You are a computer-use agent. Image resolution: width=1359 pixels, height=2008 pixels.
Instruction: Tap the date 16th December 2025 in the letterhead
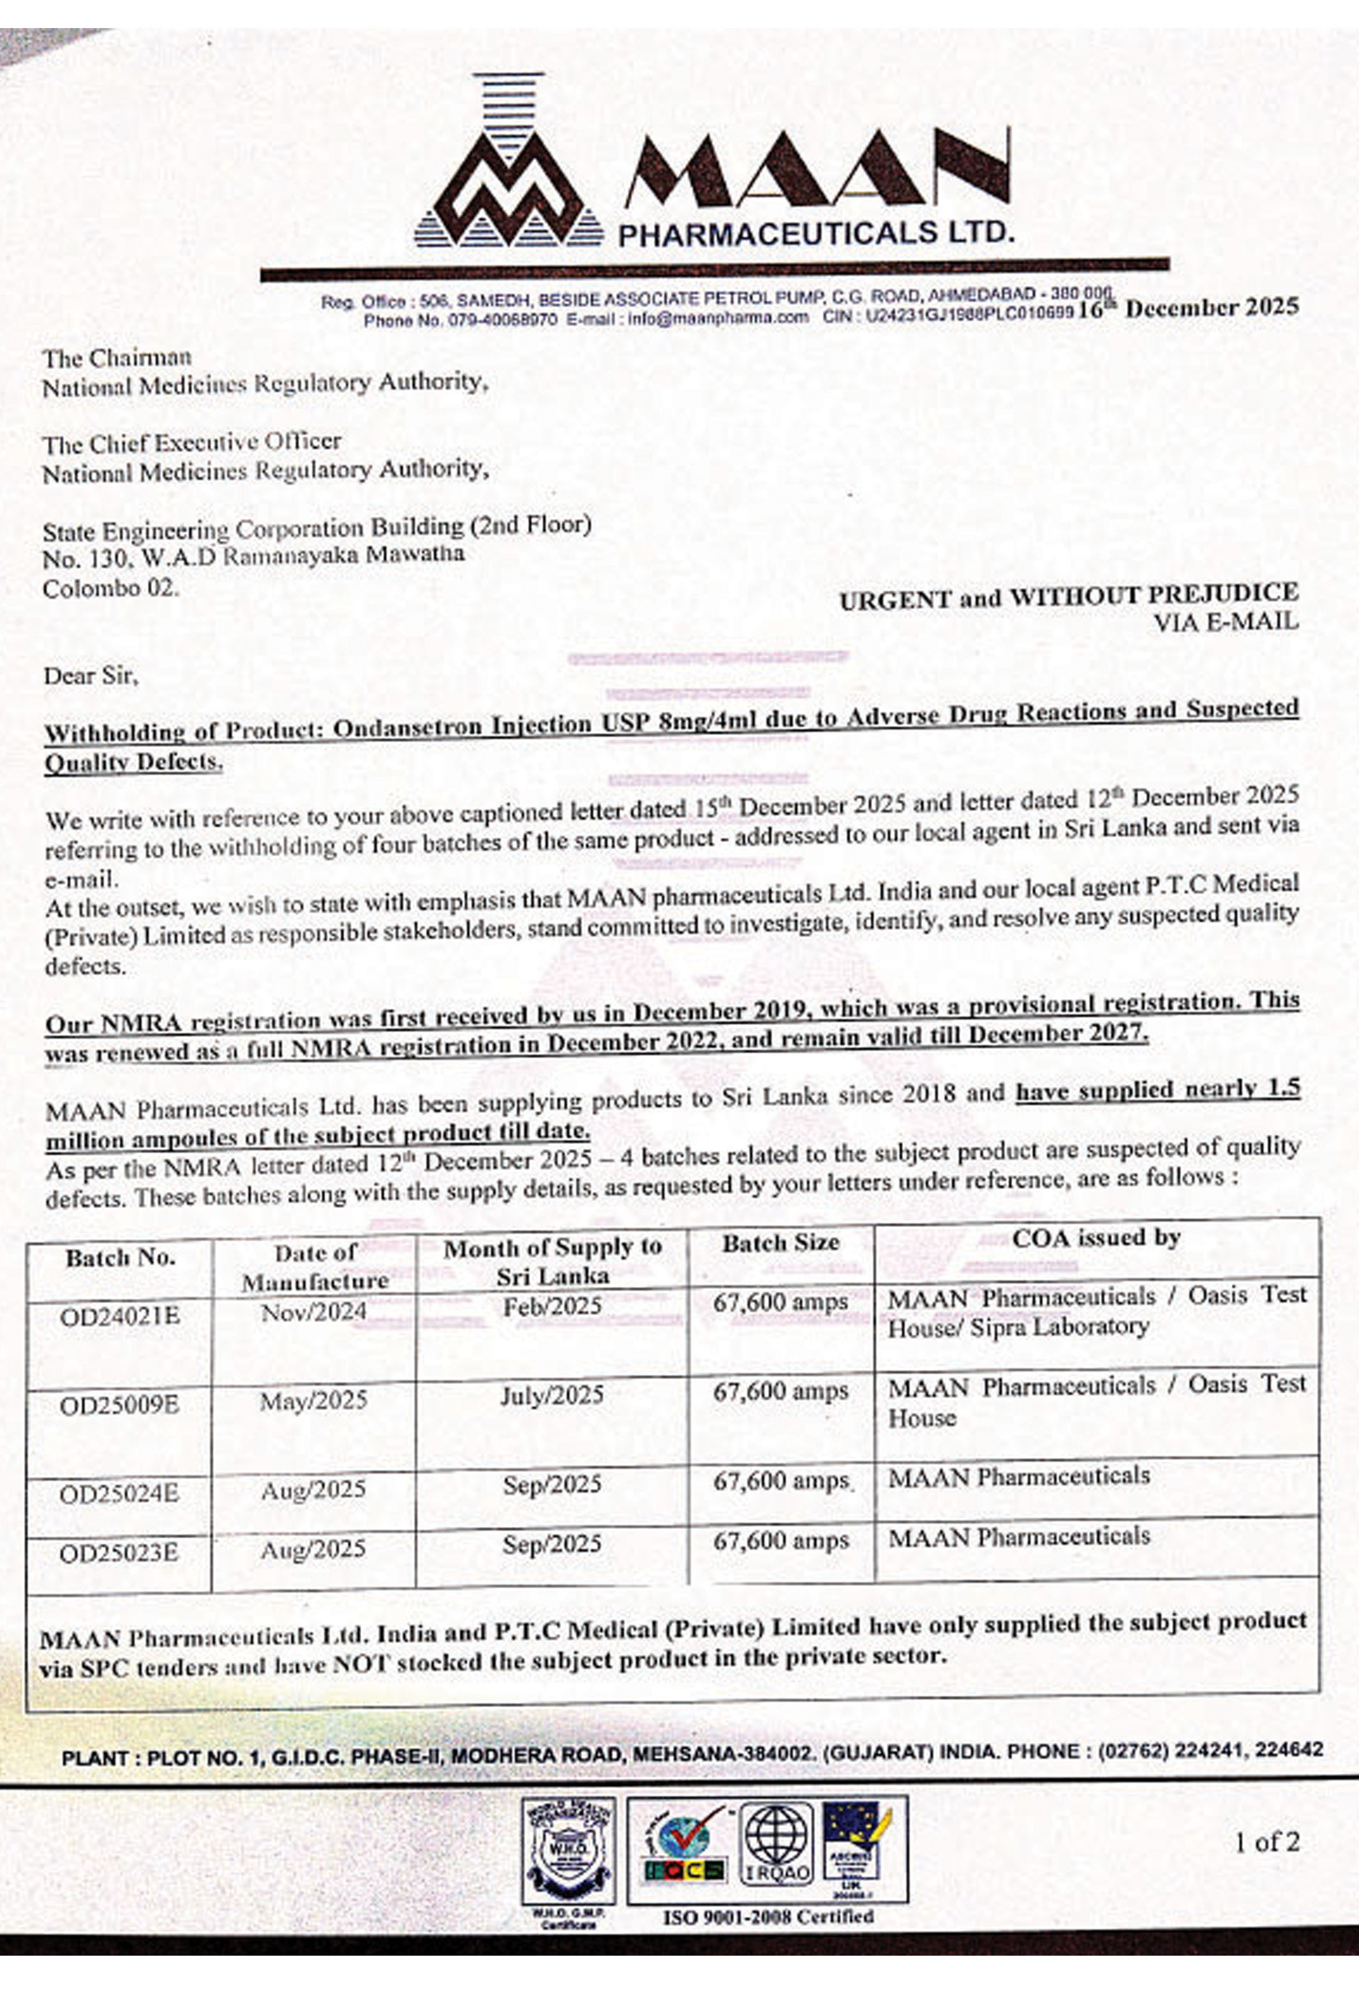(1188, 308)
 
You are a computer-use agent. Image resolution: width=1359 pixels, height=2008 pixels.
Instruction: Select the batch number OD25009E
(119, 1406)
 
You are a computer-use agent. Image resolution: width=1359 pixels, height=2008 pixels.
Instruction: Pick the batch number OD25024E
(119, 1494)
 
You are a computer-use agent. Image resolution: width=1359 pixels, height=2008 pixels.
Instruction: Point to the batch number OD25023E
(119, 1554)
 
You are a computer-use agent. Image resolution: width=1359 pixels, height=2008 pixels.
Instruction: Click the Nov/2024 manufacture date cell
(314, 1313)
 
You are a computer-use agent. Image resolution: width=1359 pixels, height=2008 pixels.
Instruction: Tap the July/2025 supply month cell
(551, 1395)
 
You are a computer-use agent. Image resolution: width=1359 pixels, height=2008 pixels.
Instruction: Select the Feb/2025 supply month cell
(551, 1305)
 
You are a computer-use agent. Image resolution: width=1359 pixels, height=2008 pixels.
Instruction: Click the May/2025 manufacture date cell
(314, 1400)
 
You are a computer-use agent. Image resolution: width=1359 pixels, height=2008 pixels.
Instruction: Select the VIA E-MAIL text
(1225, 621)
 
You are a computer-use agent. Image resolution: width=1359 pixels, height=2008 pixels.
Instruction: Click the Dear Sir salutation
(91, 675)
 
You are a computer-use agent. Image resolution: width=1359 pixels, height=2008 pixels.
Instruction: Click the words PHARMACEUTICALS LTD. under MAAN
(815, 232)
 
